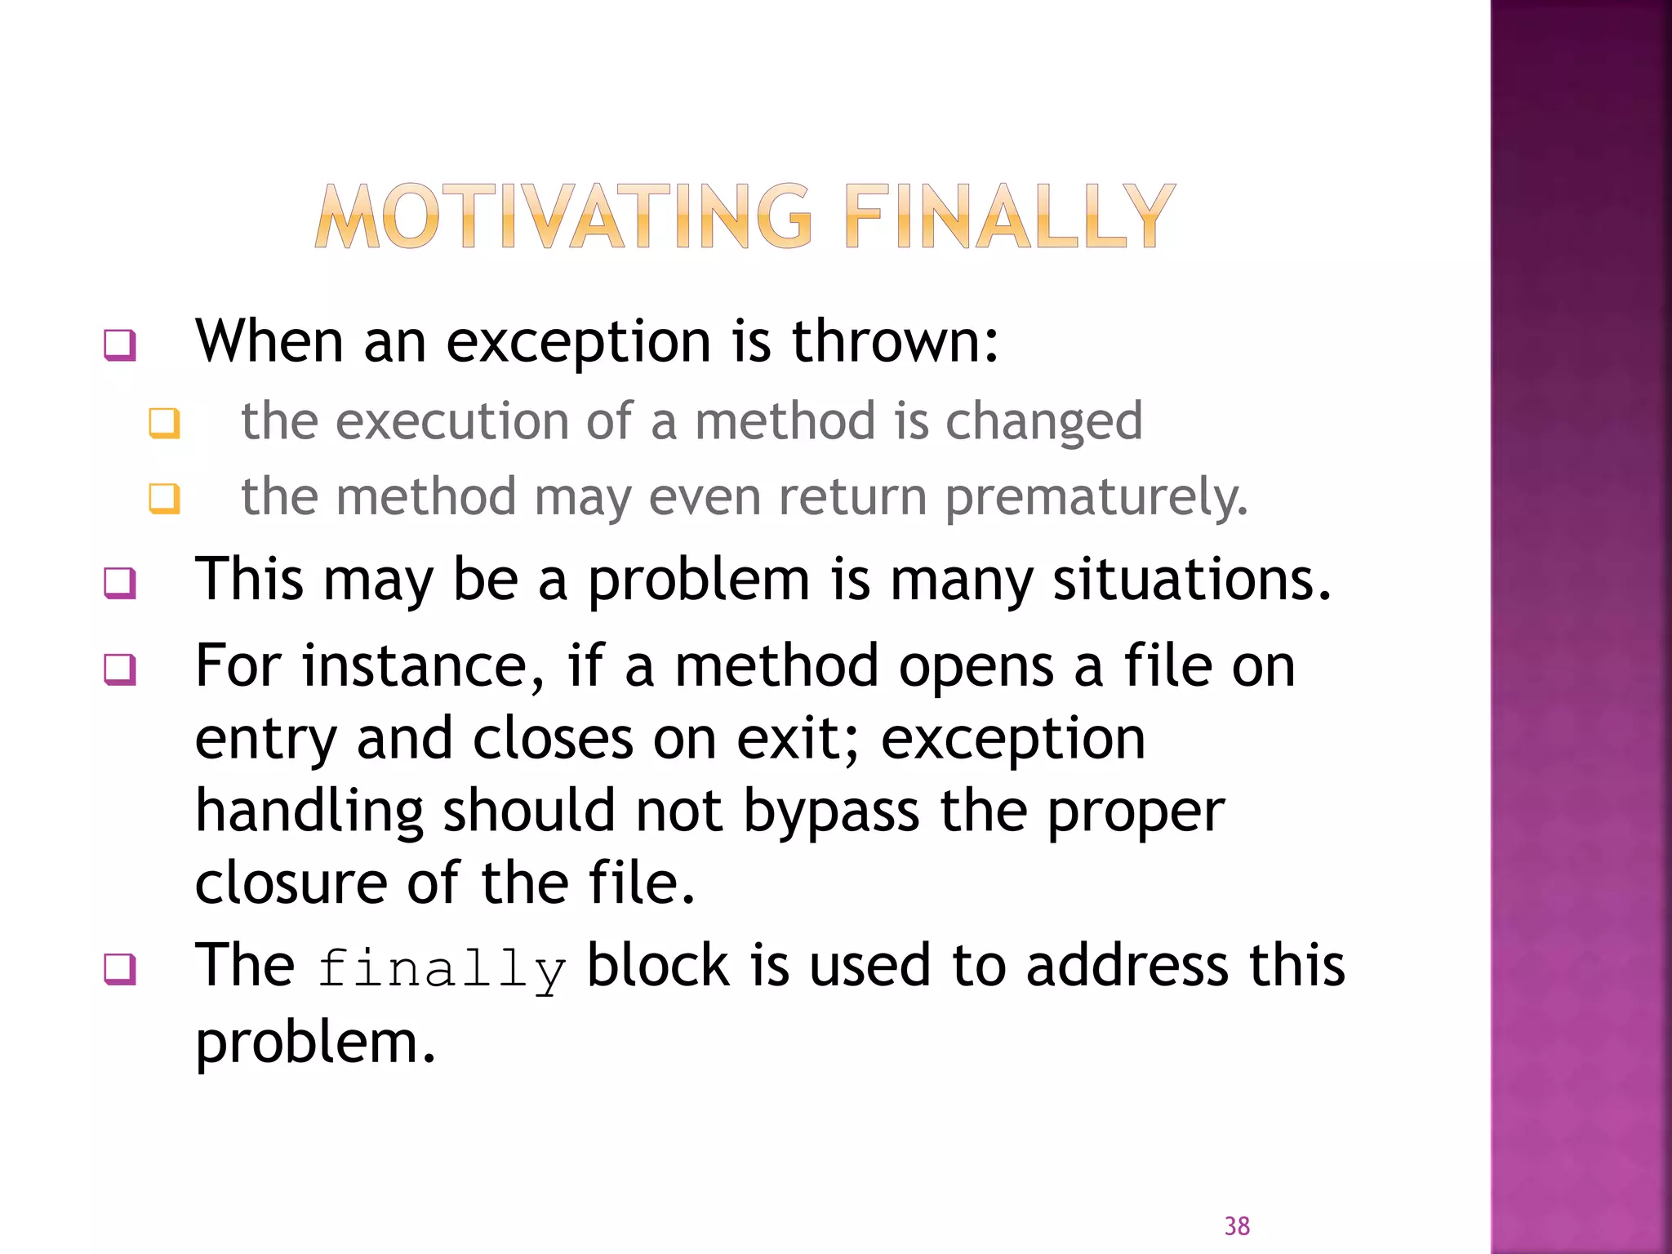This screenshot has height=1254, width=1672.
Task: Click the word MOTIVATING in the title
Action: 563,216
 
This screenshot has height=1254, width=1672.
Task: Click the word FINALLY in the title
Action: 1009,216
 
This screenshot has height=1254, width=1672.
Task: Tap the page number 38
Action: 1237,1225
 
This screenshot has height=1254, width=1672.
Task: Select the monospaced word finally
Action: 441,969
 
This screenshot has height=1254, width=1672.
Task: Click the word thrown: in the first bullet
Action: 895,340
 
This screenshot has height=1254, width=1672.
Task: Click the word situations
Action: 1192,579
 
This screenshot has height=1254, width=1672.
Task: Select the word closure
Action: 290,883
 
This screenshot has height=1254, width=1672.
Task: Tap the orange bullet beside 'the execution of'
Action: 164,424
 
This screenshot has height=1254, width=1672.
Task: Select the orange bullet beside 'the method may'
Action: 164,498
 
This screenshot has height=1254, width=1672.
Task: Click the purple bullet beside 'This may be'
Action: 120,584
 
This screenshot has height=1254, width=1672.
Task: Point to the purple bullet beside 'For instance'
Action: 120,670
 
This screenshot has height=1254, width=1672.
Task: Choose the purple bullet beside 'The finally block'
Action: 120,970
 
